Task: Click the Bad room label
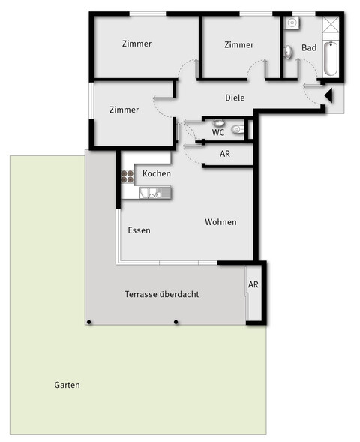click(x=309, y=47)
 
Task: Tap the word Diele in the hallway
click(x=235, y=98)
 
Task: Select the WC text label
click(x=218, y=132)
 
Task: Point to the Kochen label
click(x=157, y=173)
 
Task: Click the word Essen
click(x=139, y=230)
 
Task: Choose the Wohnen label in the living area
click(x=220, y=222)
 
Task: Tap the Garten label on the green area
click(x=67, y=385)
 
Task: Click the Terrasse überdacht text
click(x=161, y=295)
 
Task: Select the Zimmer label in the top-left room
click(x=136, y=44)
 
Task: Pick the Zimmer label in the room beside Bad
click(x=238, y=45)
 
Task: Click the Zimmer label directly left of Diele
click(x=124, y=110)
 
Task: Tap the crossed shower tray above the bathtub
click(x=330, y=25)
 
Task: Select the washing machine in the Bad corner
click(x=292, y=23)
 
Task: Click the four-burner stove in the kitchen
click(x=127, y=177)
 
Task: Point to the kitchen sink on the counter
click(x=153, y=194)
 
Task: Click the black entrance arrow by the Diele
click(x=328, y=94)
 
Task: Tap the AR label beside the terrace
click(x=253, y=285)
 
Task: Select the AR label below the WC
click(x=225, y=154)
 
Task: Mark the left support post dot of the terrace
click(x=89, y=322)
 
